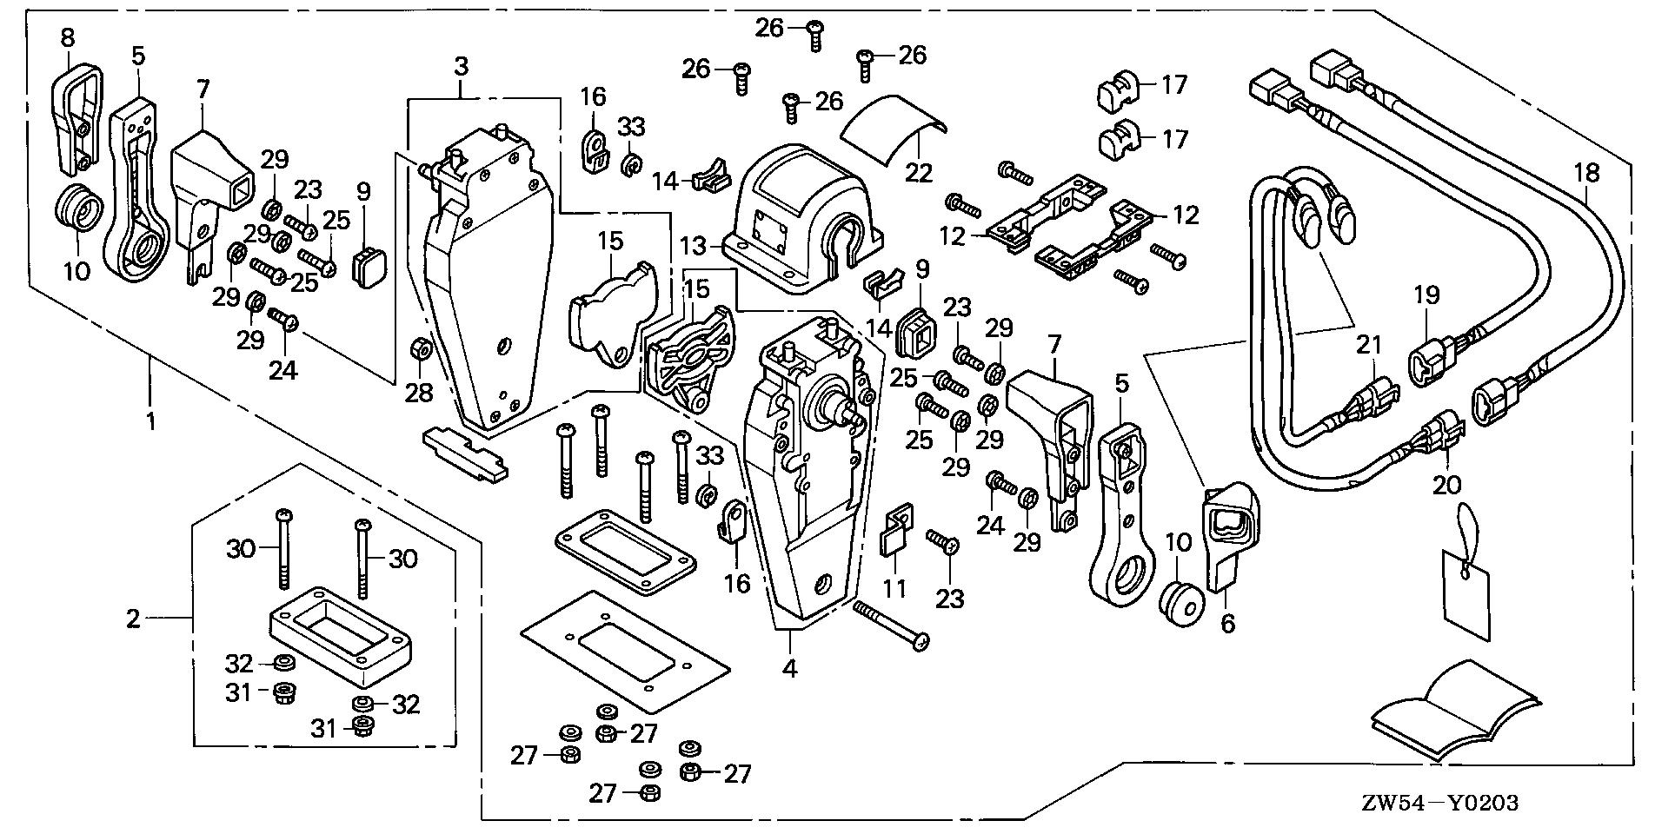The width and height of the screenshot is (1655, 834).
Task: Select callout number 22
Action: pyautogui.click(x=919, y=174)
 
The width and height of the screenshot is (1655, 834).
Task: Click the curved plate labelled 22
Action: pyautogui.click(x=891, y=129)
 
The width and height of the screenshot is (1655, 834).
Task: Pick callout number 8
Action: pyautogui.click(x=68, y=37)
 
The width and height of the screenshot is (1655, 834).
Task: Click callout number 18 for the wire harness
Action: pyautogui.click(x=1586, y=173)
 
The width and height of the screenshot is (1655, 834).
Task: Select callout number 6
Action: pyautogui.click(x=1227, y=623)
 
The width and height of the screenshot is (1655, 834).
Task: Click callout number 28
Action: pyautogui.click(x=418, y=393)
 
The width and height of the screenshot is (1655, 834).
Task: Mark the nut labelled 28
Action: pyautogui.click(x=418, y=350)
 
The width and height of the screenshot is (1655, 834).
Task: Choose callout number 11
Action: pyautogui.click(x=895, y=588)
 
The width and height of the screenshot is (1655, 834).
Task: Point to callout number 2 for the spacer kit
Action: pyautogui.click(x=132, y=619)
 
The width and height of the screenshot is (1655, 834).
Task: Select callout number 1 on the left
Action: pyautogui.click(x=151, y=422)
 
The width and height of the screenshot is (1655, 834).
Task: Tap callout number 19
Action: pyautogui.click(x=1427, y=295)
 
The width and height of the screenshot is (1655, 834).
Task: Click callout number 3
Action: pyautogui.click(x=461, y=65)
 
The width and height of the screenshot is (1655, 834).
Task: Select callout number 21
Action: pyautogui.click(x=1370, y=345)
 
